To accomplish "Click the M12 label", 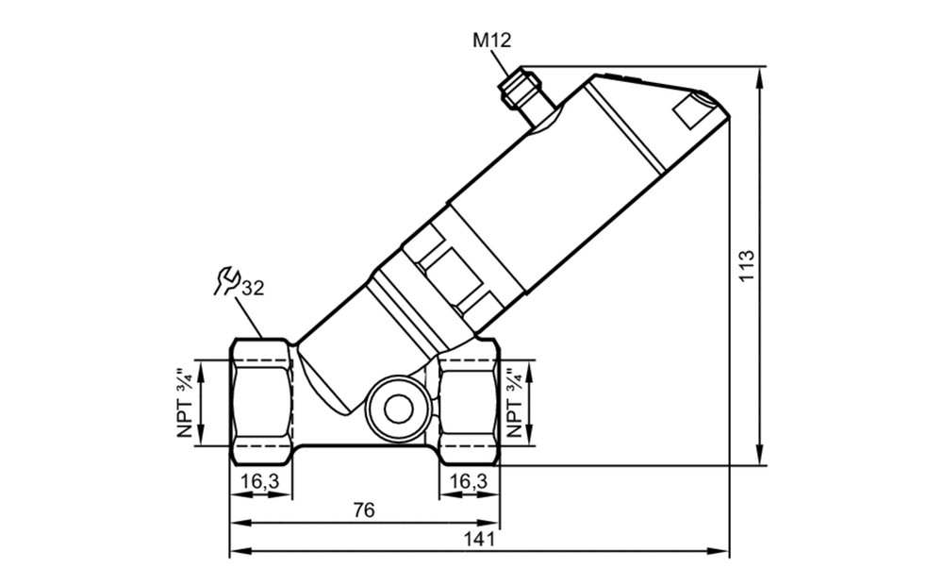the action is pos(491,41).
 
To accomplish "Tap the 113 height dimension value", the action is pos(746,265).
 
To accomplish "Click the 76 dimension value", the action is pos(364,510).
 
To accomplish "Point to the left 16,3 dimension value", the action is pos(260,481).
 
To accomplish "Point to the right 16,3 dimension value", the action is pos(468,481).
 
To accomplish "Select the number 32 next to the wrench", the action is pos(253,289).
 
